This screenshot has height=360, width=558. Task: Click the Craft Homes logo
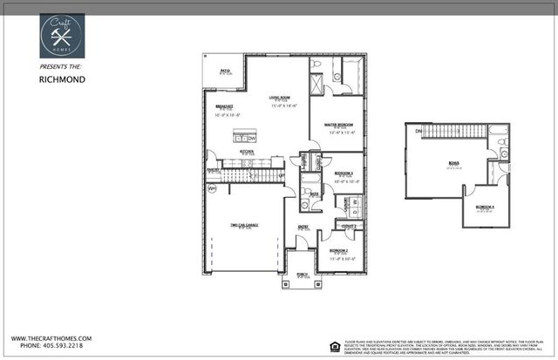tap(62, 36)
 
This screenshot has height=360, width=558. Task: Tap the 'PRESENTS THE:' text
tap(62, 65)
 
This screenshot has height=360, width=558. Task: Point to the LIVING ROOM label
tap(279, 98)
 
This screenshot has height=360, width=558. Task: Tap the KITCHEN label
tap(247, 151)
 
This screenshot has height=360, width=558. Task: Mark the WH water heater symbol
tap(211, 187)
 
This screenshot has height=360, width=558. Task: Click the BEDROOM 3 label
tap(344, 173)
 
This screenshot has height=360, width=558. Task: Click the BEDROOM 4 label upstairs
tap(484, 207)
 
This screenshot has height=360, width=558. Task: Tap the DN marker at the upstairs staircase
tap(418, 131)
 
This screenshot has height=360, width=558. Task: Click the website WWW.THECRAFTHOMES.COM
tap(52, 338)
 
